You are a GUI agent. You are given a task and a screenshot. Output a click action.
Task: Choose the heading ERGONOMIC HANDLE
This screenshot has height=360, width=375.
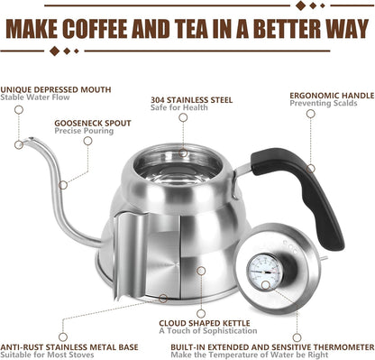coord(330,94)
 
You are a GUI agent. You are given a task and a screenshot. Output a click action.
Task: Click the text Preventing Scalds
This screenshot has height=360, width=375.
coord(323,103)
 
